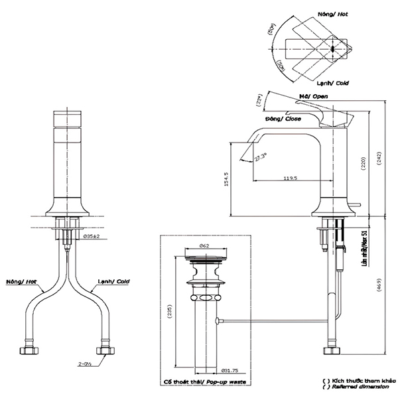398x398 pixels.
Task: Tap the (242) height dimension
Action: pyautogui.click(x=379, y=159)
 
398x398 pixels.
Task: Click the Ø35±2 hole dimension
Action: pyautogui.click(x=90, y=237)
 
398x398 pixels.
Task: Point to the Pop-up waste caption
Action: pyautogui.click(x=203, y=383)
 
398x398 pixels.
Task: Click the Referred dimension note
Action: pyautogui.click(x=355, y=387)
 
